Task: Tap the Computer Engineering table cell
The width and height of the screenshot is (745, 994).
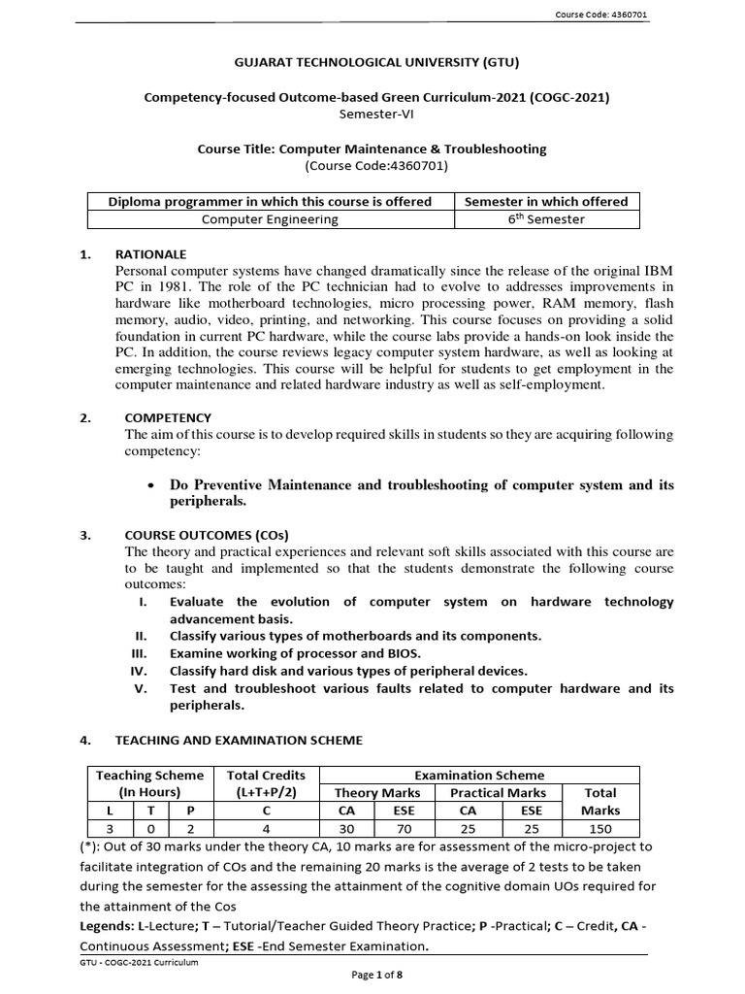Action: click(270, 219)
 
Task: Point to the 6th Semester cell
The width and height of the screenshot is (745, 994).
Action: click(547, 219)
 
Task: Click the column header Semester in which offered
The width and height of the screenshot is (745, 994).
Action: click(547, 201)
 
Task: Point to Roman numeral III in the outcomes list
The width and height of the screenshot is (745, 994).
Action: click(138, 653)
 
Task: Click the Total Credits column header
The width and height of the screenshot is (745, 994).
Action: click(265, 775)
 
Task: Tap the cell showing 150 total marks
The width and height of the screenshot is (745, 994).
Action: click(599, 827)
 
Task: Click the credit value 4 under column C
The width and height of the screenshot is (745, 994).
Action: click(265, 827)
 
